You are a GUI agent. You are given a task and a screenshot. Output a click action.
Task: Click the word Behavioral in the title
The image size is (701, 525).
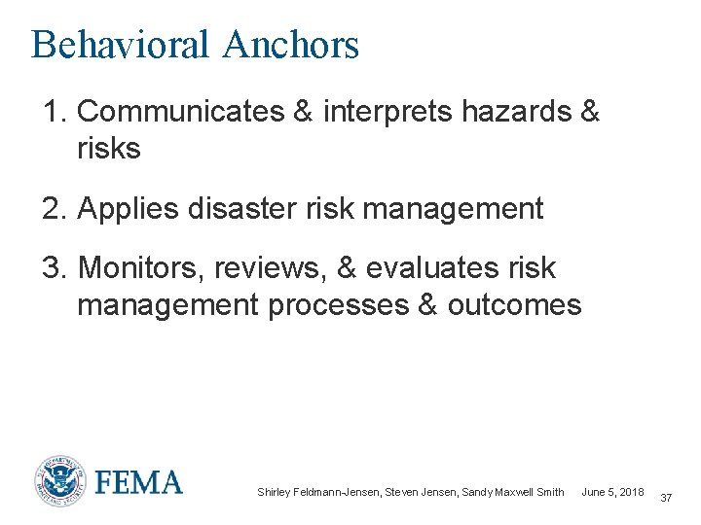(120, 45)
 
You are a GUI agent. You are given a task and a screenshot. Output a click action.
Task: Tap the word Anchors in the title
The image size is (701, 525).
(290, 45)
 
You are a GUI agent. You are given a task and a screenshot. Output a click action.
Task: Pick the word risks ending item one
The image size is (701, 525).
(108, 150)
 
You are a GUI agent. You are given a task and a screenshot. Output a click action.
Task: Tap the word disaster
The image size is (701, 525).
(240, 208)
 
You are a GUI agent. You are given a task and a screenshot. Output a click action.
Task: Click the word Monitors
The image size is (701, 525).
(139, 267)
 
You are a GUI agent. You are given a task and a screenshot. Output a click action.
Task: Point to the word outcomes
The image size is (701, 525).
(514, 305)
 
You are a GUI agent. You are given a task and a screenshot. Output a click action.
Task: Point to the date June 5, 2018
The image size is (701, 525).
(612, 492)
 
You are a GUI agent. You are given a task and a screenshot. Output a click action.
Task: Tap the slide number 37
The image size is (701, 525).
(666, 498)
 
